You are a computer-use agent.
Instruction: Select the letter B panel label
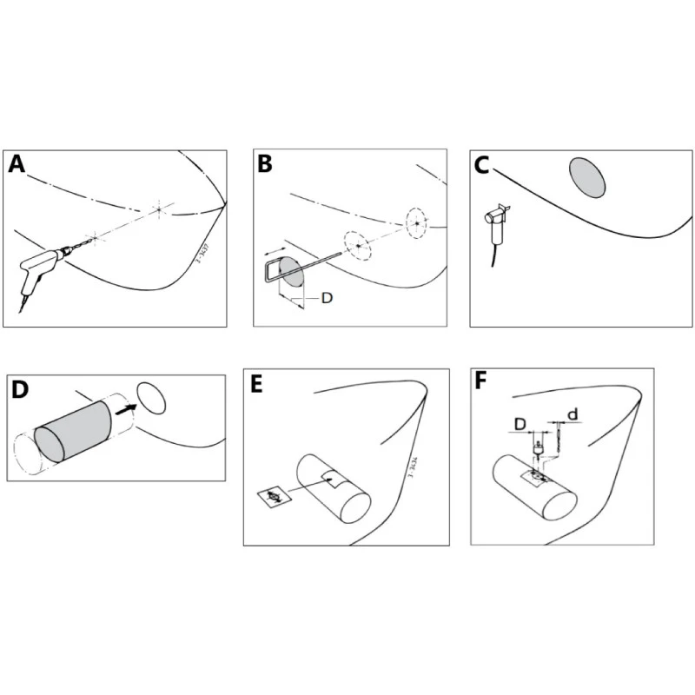click(x=266, y=165)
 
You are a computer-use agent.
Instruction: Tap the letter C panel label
click(x=484, y=166)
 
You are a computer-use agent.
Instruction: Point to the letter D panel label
click(x=20, y=390)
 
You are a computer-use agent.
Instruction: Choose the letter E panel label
click(x=256, y=385)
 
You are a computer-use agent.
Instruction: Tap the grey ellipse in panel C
click(x=587, y=177)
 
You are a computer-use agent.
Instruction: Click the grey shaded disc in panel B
click(x=292, y=274)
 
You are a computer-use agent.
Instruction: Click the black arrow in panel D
click(x=127, y=405)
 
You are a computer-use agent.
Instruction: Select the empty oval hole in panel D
click(x=152, y=398)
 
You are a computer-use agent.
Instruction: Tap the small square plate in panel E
click(x=275, y=498)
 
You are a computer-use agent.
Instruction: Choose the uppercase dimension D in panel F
click(x=519, y=421)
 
